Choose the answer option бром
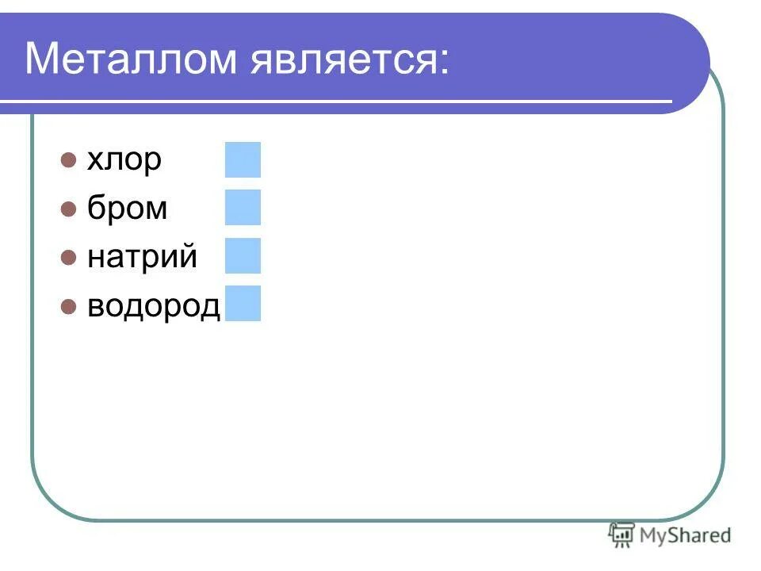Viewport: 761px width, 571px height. [x=127, y=208]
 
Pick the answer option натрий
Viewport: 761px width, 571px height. [x=142, y=257]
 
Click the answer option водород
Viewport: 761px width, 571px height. [x=153, y=305]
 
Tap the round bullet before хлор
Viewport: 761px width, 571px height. [x=68, y=160]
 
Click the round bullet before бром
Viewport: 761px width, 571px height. [x=68, y=209]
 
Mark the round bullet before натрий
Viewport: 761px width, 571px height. [x=68, y=257]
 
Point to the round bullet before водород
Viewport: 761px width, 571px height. [x=68, y=305]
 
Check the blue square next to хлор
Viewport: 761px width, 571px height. [x=243, y=159]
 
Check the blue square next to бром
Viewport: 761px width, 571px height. [x=243, y=207]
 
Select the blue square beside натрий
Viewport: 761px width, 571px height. [x=243, y=255]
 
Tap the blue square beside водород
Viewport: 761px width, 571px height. [x=243, y=303]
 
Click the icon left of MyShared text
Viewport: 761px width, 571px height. [x=621, y=535]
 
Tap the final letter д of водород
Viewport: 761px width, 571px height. [x=209, y=307]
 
